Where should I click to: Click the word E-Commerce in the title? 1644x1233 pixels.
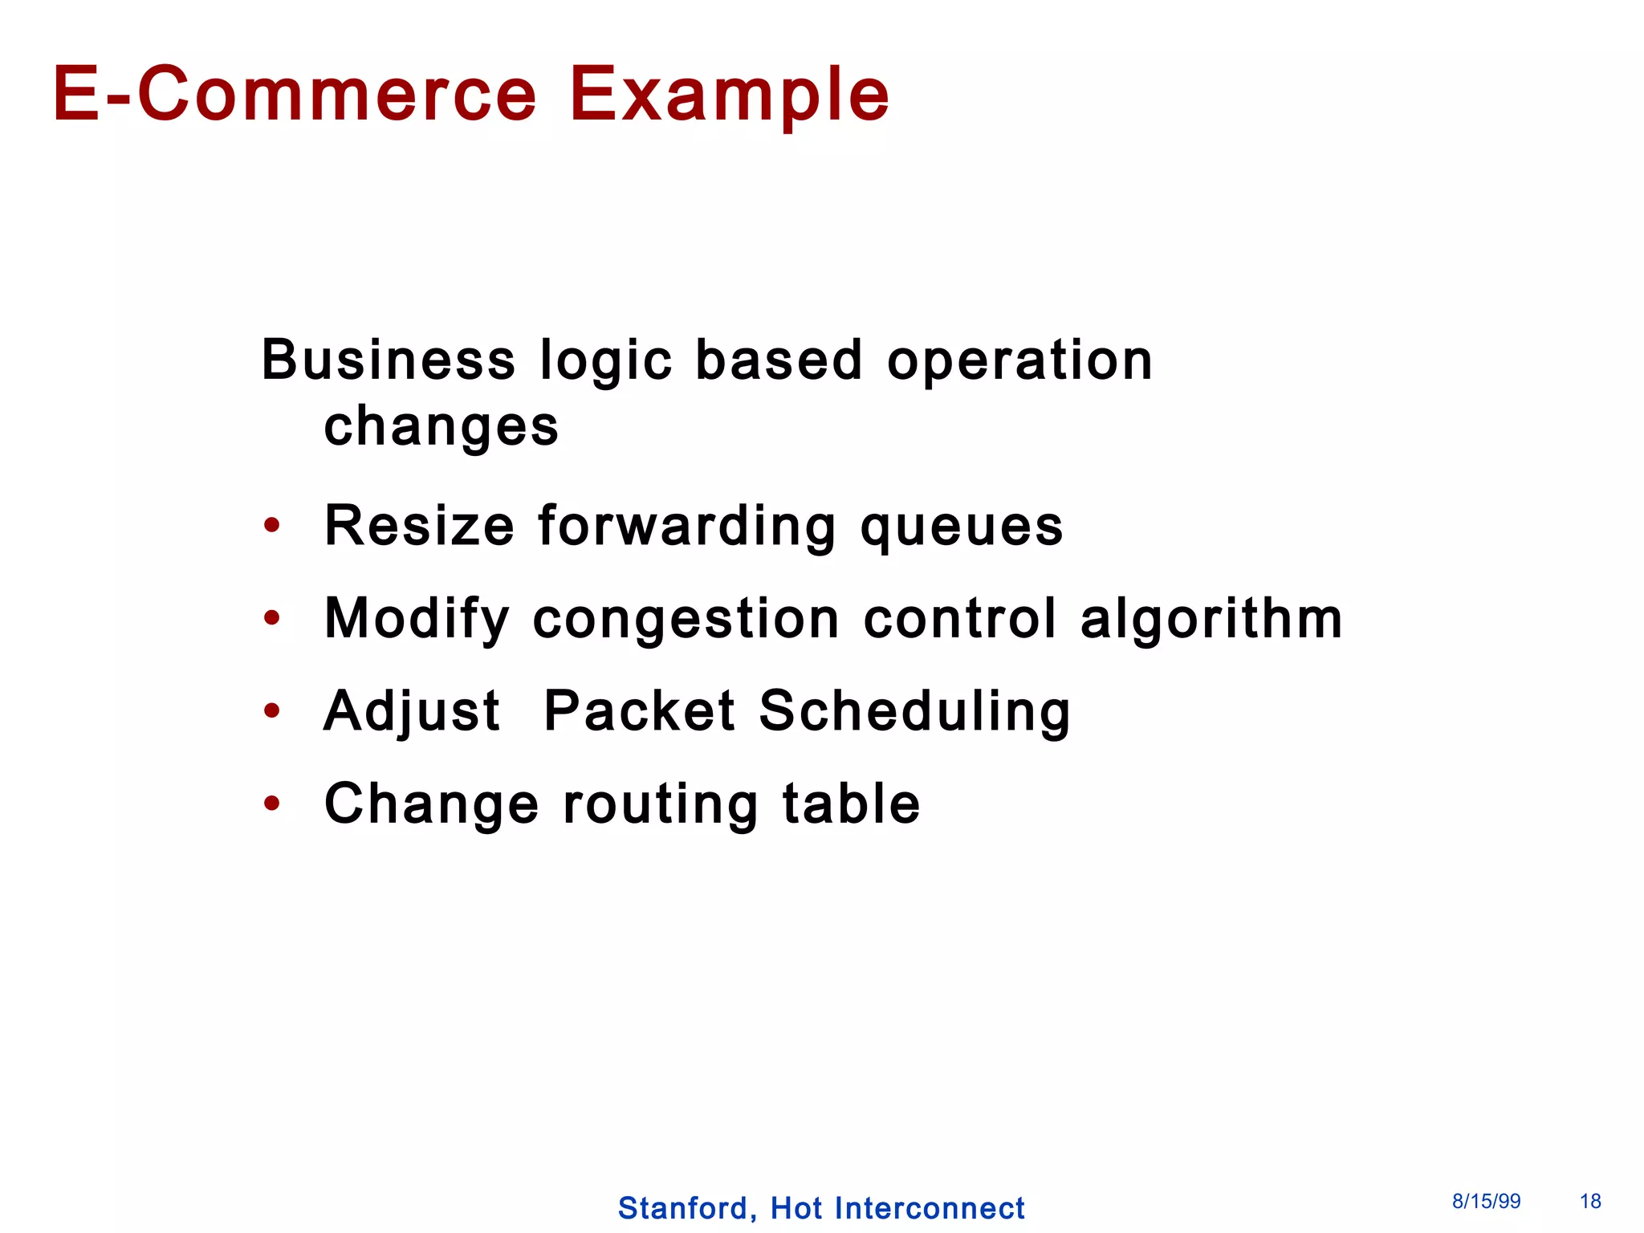(295, 95)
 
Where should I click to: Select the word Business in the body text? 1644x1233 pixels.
(389, 360)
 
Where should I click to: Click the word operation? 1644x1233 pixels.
(1019, 361)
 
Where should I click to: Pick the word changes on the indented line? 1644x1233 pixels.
(441, 427)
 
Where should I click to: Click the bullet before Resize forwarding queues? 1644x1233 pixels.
(272, 526)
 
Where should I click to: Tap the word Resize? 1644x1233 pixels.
(419, 526)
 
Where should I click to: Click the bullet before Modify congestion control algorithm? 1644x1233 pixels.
(272, 618)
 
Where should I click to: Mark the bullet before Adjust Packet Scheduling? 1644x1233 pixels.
(272, 710)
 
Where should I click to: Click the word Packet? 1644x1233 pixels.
(639, 710)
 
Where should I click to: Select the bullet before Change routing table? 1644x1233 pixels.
(272, 803)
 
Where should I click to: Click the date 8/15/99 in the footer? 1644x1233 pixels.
(1486, 1202)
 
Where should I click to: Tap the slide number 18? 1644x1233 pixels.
(1590, 1202)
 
